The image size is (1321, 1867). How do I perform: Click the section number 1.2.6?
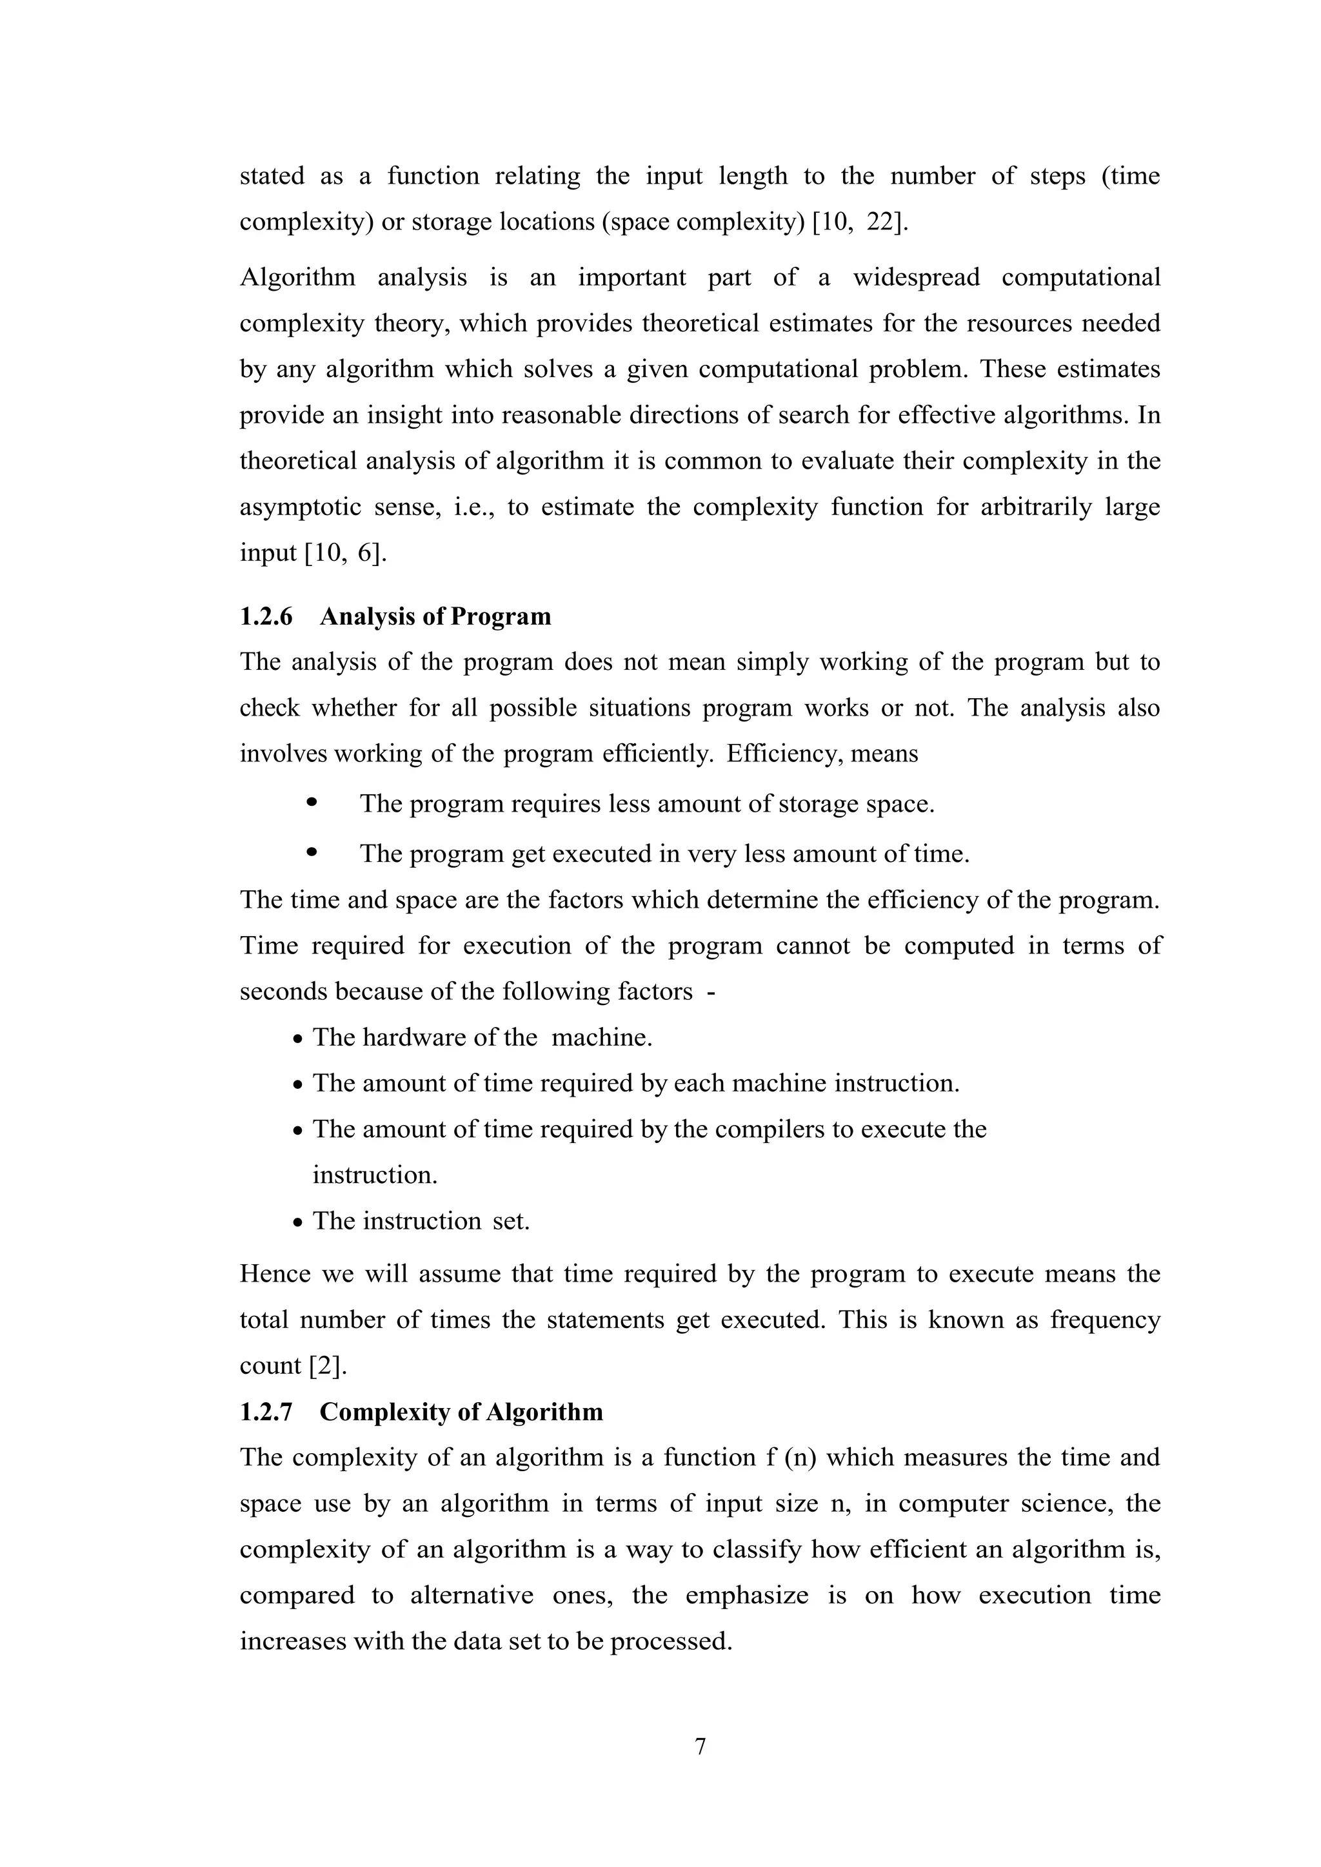tap(265, 616)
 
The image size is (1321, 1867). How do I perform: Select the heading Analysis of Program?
tap(435, 616)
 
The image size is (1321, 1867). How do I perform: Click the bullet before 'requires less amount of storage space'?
tap(311, 803)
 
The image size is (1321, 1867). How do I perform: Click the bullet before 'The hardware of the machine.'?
tap(299, 1039)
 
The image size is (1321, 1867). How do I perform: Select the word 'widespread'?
tap(916, 278)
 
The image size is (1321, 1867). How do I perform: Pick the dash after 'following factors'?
tap(711, 992)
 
